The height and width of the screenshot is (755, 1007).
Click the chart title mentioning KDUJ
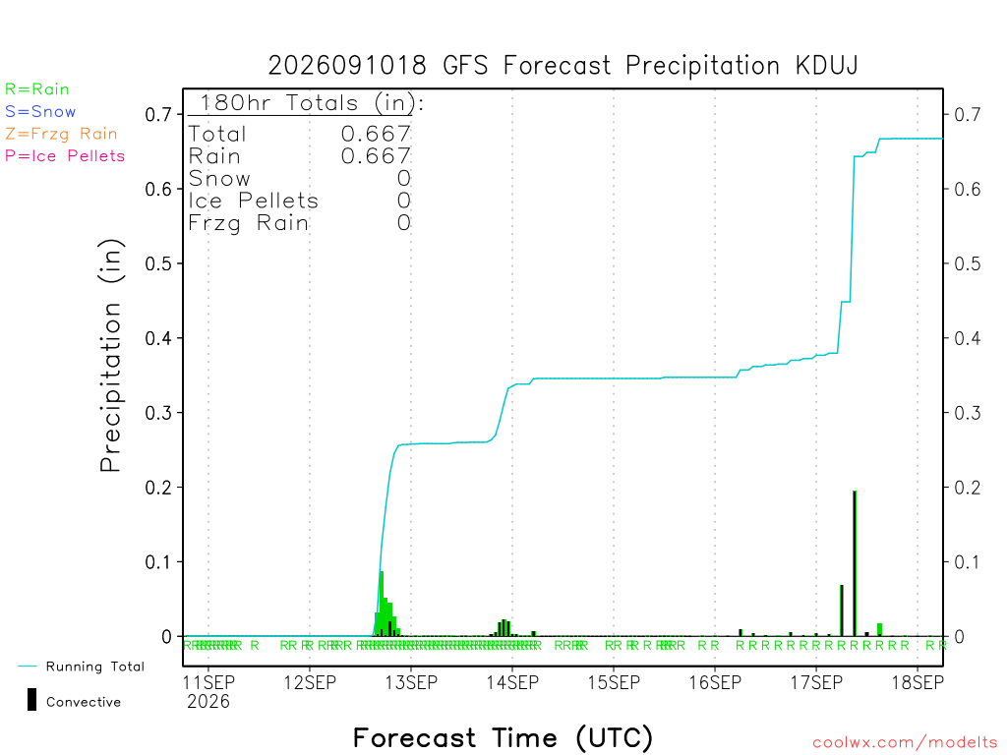click(563, 66)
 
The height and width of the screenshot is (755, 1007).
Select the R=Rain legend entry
click(36, 89)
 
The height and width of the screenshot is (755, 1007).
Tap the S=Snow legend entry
click(39, 112)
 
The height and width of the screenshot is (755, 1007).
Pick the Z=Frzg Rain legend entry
click(61, 134)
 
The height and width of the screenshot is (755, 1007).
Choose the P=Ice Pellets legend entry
click(65, 156)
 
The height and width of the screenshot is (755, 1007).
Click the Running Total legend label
click(95, 667)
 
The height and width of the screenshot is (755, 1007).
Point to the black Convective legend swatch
click(31, 700)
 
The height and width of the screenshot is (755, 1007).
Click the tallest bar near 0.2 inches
click(855, 563)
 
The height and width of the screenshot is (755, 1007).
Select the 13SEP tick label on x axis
click(411, 682)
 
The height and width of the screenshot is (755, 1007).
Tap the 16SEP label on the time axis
click(715, 682)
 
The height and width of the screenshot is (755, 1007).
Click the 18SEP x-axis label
click(918, 682)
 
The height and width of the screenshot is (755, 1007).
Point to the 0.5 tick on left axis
click(158, 263)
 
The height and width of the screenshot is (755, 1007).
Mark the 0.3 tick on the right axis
click(968, 413)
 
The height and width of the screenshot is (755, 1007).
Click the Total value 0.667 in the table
click(376, 134)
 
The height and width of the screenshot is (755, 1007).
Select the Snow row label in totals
click(219, 179)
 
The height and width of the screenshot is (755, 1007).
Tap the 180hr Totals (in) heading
click(312, 102)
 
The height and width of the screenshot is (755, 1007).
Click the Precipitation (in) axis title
click(110, 356)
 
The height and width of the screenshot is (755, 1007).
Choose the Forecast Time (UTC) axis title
click(503, 738)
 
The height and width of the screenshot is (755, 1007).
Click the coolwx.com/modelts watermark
click(905, 743)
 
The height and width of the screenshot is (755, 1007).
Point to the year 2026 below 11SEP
click(208, 702)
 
